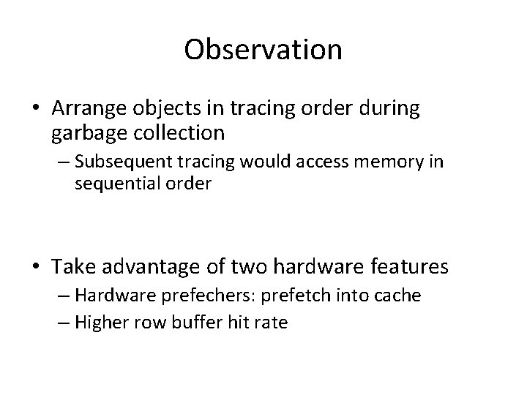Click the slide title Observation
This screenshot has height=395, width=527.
(x=263, y=50)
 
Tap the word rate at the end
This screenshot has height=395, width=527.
(x=272, y=322)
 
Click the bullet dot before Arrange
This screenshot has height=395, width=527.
(x=37, y=109)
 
